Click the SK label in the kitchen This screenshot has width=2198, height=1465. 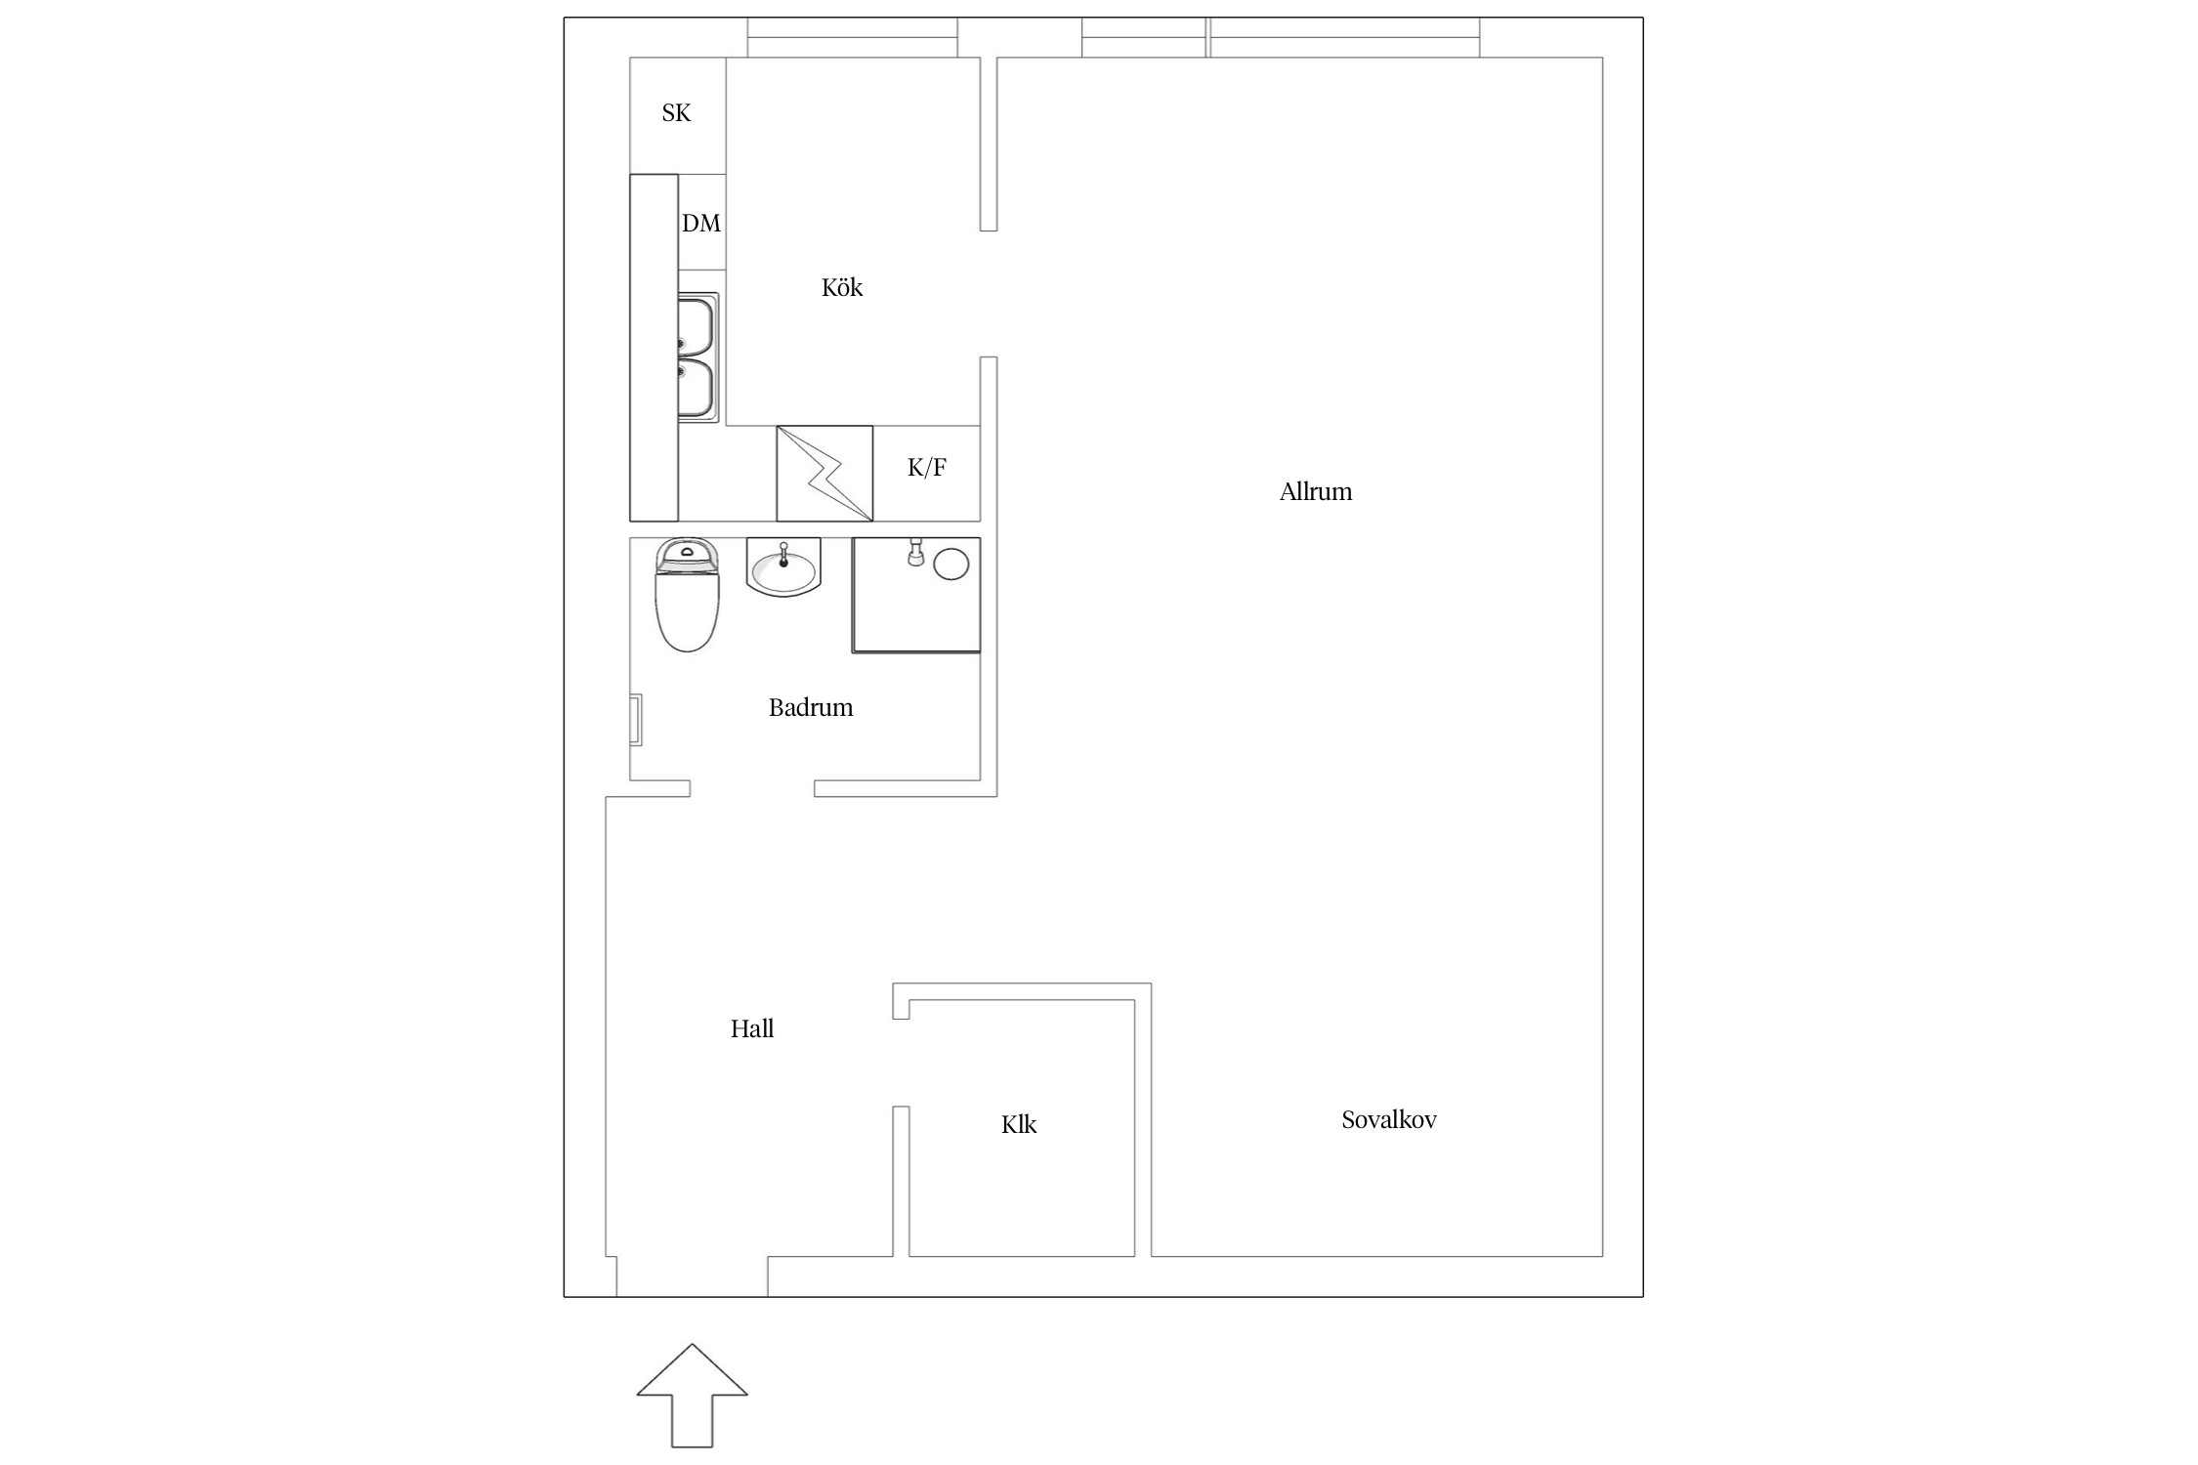[676, 113]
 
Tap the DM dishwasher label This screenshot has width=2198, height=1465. [701, 224]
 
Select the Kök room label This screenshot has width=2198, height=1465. [842, 287]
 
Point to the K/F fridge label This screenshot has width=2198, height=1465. [926, 468]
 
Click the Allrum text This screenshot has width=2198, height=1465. [1316, 491]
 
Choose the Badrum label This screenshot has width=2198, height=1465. [811, 707]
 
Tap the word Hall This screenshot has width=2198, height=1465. [752, 1028]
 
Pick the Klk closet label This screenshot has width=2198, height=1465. [1019, 1125]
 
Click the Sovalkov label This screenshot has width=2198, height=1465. [1389, 1119]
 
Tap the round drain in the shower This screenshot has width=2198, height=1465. [951, 565]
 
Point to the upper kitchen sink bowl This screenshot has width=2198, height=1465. [696, 327]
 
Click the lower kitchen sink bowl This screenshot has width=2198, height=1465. [696, 389]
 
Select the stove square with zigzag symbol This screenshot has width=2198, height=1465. [824, 474]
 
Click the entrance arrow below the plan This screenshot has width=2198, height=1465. [693, 1395]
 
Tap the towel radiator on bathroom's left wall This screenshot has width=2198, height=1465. [635, 720]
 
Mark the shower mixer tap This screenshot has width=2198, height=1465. [916, 552]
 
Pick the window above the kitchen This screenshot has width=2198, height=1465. [853, 38]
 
